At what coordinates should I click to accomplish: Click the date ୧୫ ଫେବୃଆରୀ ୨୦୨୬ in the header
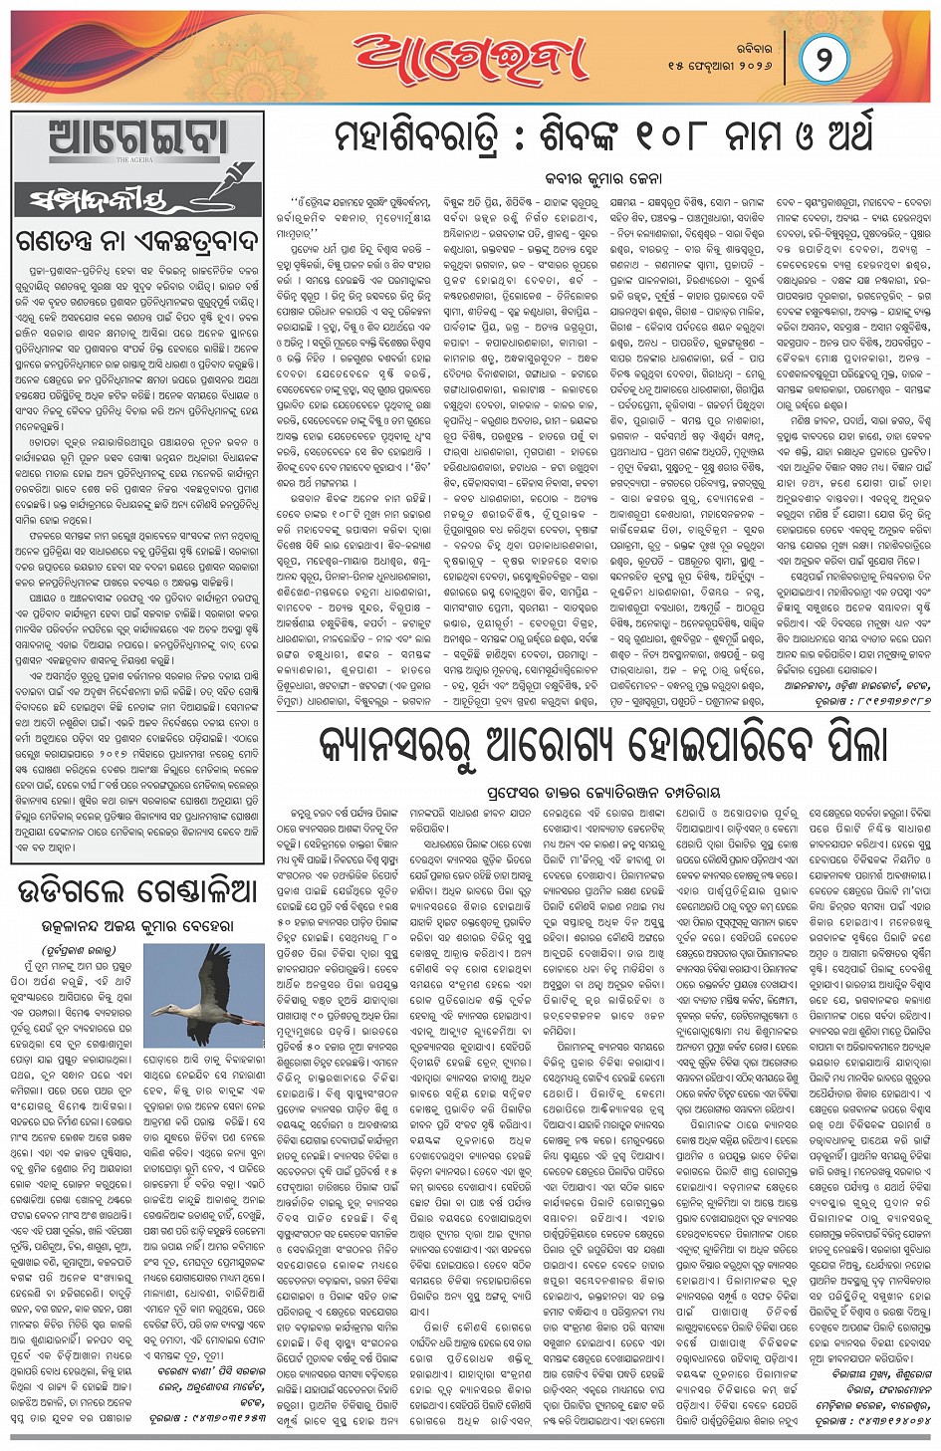720,66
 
